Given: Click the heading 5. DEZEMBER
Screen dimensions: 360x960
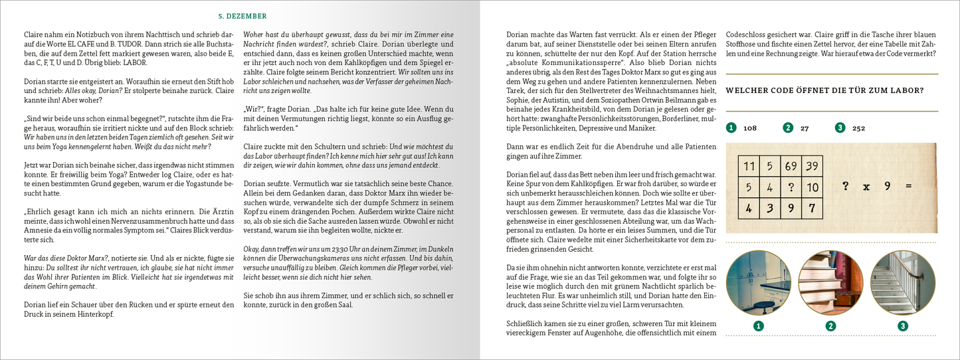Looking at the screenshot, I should click(x=243, y=16).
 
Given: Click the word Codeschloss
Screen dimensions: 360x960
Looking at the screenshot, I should click(x=747, y=34).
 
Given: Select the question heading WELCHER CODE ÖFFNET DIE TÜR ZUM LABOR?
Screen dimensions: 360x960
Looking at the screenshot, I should click(x=824, y=90).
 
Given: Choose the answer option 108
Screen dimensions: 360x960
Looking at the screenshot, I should click(x=750, y=128).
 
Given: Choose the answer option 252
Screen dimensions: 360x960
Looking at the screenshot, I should click(x=858, y=128).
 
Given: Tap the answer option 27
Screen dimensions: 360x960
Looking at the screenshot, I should click(x=804, y=128).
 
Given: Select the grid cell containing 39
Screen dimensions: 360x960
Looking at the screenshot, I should click(x=812, y=167).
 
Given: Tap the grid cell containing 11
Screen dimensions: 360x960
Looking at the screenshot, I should click(x=748, y=167).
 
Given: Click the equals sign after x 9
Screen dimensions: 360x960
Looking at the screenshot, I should click(x=909, y=187).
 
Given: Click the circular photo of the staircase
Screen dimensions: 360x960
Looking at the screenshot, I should click(x=902, y=282).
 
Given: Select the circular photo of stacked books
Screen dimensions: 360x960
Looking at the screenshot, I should click(x=830, y=282).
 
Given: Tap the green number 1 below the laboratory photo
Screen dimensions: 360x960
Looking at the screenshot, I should click(x=758, y=325).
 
